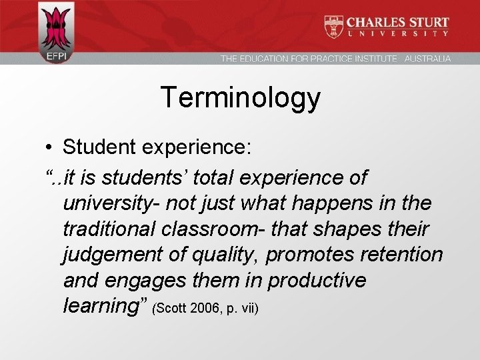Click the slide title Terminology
tap(240, 98)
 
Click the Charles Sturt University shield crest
tap(333, 27)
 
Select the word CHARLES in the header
tap(375, 21)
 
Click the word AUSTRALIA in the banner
tap(427, 59)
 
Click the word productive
tap(317, 280)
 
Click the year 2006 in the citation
tap(202, 309)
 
